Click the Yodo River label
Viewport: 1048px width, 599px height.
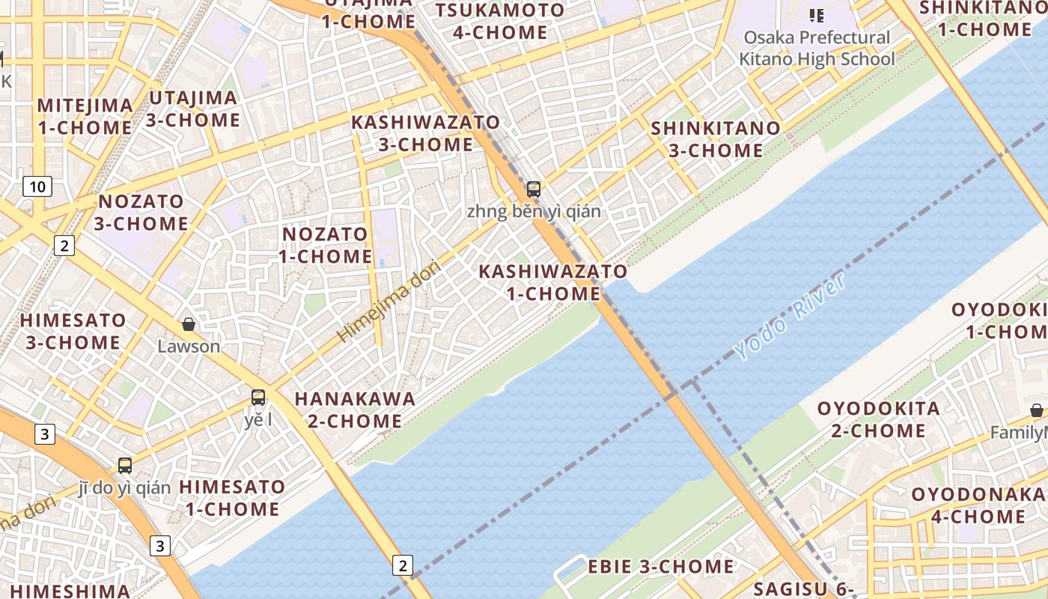click(x=790, y=317)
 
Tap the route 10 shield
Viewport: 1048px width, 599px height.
click(x=37, y=186)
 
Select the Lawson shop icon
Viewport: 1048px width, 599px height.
click(x=189, y=324)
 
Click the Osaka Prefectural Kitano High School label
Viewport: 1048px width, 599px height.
click(x=817, y=48)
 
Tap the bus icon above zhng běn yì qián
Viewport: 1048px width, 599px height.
click(x=533, y=189)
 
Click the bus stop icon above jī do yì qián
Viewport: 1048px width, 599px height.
click(x=125, y=466)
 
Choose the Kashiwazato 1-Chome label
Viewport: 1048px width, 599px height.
click(x=553, y=282)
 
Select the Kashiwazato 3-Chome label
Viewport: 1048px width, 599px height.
click(x=425, y=133)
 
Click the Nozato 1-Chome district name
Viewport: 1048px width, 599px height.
click(x=325, y=245)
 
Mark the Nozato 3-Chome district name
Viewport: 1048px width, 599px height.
click(x=141, y=212)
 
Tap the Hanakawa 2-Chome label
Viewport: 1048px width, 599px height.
click(x=355, y=410)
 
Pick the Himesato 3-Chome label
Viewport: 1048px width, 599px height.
click(x=73, y=331)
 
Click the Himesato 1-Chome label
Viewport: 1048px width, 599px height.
click(x=232, y=498)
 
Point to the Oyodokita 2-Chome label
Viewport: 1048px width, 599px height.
click(x=878, y=419)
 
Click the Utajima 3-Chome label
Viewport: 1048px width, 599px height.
click(x=194, y=109)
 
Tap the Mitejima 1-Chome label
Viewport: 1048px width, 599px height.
click(x=85, y=116)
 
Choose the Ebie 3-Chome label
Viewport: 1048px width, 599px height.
click(x=660, y=566)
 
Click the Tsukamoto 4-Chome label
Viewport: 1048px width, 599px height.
click(x=500, y=21)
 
